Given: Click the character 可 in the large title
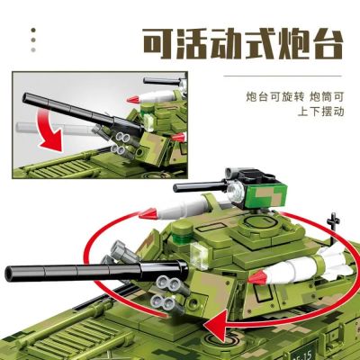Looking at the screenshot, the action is (x=158, y=44).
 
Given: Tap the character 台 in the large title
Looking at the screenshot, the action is (x=326, y=44).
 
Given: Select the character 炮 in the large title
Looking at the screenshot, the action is (x=293, y=44).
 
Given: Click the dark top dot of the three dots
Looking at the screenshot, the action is (x=33, y=30).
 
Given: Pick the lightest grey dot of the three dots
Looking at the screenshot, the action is (x=33, y=49).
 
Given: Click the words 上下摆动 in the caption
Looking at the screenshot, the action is (x=320, y=112).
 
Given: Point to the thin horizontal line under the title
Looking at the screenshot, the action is (x=283, y=76).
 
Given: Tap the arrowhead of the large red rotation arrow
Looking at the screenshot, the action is (x=215, y=324).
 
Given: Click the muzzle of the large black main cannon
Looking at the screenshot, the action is (x=11, y=274).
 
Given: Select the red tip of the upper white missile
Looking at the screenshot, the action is (x=148, y=213).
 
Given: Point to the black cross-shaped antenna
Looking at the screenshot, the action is (x=333, y=228).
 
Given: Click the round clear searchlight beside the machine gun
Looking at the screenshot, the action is (x=234, y=192).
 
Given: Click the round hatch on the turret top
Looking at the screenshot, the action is (x=260, y=223).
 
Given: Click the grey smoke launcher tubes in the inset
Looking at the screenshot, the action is (x=122, y=143).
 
